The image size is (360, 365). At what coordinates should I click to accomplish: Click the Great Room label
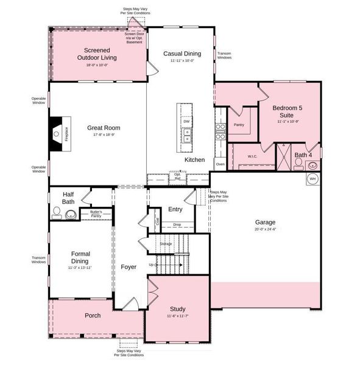coord(103,128)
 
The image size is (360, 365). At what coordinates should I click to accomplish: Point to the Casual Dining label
coord(182,54)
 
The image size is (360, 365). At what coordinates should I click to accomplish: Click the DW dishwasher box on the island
coord(186,122)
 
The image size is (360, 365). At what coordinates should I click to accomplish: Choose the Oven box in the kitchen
coord(221,164)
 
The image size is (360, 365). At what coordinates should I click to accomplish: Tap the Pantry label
coord(239,125)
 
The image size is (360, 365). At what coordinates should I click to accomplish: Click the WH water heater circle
coord(312,179)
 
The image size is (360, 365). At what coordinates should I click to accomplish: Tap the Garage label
coord(266,223)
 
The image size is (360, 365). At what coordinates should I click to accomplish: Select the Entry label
coord(175,209)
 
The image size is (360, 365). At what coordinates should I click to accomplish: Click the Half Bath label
coord(68,198)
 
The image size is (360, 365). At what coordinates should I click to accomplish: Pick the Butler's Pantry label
coord(96,214)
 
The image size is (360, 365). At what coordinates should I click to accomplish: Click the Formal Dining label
coord(80,257)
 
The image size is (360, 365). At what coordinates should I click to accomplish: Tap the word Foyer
coord(129,266)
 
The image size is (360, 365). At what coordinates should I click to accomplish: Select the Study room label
coord(178,308)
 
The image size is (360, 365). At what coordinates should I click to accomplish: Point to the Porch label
coord(93,315)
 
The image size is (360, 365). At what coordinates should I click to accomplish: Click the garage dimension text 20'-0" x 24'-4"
coord(266,229)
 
